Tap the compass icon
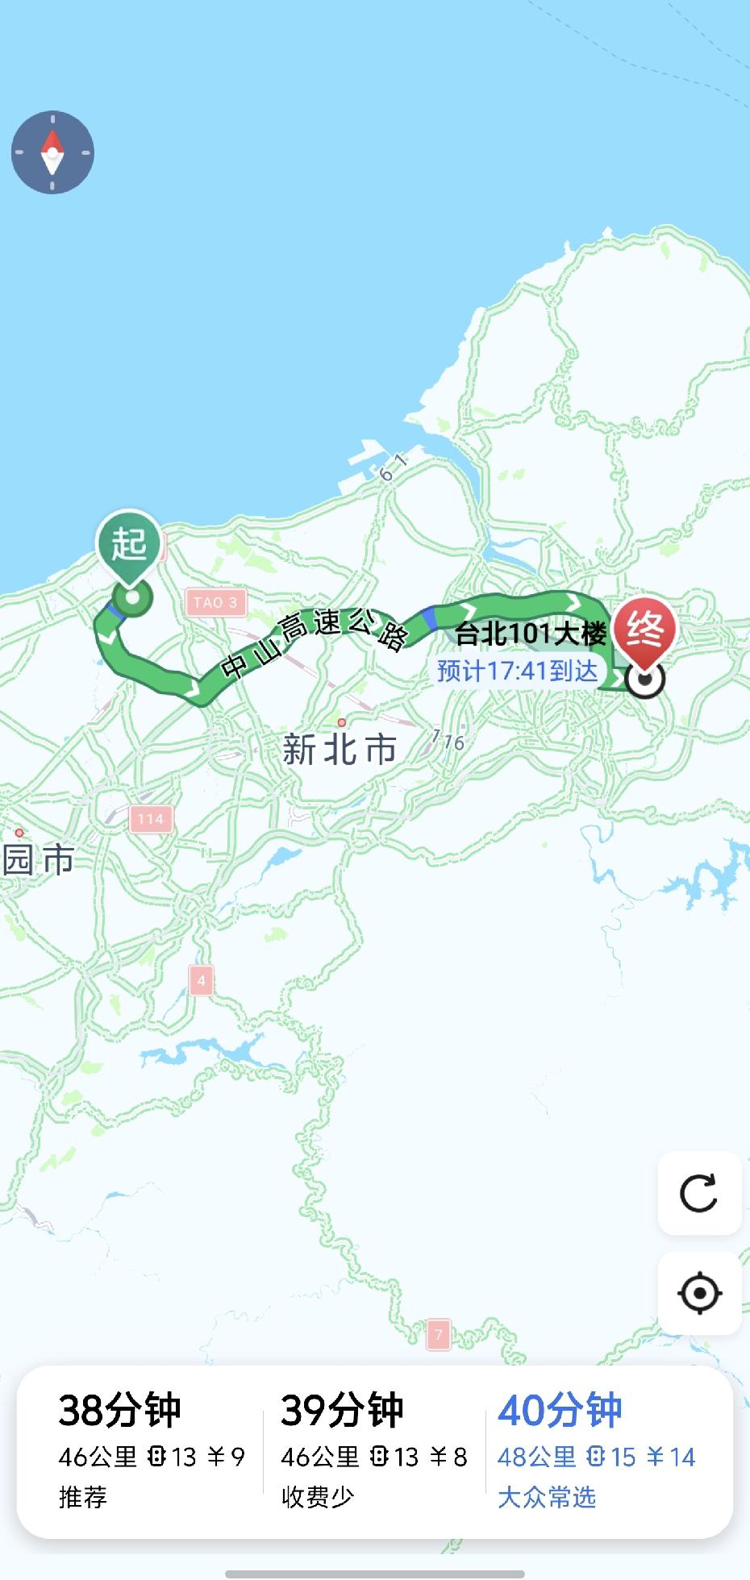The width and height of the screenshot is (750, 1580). (x=52, y=152)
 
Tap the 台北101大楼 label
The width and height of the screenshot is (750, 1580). (x=531, y=634)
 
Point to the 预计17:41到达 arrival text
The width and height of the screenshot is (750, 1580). (x=517, y=671)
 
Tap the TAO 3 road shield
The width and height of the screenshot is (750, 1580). (x=215, y=602)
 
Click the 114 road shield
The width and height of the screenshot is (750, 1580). (x=150, y=819)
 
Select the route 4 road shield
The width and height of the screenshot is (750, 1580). (x=201, y=981)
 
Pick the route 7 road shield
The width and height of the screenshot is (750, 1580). (x=438, y=1334)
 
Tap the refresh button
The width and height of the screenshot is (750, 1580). (x=699, y=1193)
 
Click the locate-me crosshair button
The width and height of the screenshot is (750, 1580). (x=699, y=1294)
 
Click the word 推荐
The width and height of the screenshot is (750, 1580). (x=82, y=1498)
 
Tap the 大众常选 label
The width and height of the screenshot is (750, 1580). (x=547, y=1498)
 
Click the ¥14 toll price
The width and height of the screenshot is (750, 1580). (x=671, y=1457)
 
